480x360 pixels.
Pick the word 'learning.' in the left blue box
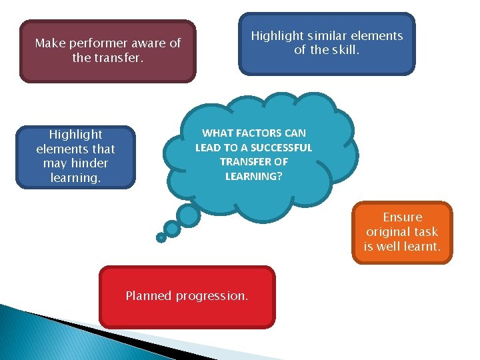coord(75,177)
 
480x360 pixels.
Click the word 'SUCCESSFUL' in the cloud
coord(281,147)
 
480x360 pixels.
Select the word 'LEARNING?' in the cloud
coord(253,175)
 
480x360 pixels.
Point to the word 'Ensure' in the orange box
coord(402,217)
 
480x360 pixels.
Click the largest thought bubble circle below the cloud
coord(189,215)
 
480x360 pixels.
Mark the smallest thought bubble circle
coord(161,237)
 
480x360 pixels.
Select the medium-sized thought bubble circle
coord(172,229)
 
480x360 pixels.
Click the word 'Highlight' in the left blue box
coord(75,135)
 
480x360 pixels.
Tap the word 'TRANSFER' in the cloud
coord(244,161)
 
